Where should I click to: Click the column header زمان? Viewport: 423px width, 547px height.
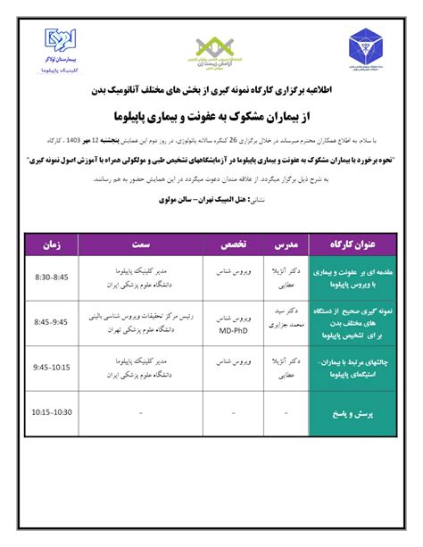tap(50, 242)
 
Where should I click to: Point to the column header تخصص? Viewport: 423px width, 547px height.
tap(235, 242)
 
